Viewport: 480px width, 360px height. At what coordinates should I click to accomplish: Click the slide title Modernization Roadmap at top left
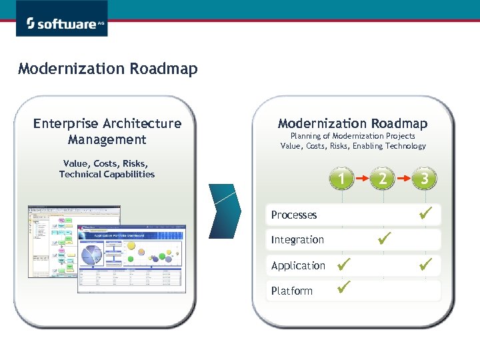pos(108,69)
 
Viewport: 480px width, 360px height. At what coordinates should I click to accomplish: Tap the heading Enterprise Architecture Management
pos(107,131)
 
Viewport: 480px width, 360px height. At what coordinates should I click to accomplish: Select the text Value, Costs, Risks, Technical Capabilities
pos(107,169)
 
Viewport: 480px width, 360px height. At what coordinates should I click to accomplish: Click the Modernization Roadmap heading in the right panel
pos(353,123)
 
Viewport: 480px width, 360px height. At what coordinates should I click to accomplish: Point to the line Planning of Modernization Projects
pos(353,135)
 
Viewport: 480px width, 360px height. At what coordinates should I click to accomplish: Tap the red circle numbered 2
pos(383,179)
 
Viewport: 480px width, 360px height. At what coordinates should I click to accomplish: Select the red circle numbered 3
pos(425,179)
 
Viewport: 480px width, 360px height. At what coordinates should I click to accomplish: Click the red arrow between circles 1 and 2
pos(363,179)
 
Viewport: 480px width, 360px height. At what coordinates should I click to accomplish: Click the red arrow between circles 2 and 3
pos(404,179)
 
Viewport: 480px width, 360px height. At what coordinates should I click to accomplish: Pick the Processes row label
pos(294,215)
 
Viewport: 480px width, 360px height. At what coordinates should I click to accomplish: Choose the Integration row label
pos(297,239)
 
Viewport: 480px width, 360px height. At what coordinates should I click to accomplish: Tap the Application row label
pos(298,265)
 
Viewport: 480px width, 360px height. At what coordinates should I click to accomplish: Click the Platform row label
pos(292,291)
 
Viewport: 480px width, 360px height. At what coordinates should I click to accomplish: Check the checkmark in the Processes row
pos(426,213)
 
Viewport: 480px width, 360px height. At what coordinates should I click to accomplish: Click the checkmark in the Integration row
pos(384,237)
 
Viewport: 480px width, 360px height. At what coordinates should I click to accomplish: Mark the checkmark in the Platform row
pos(344,288)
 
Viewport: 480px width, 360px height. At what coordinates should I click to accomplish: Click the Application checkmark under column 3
pos(426,263)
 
